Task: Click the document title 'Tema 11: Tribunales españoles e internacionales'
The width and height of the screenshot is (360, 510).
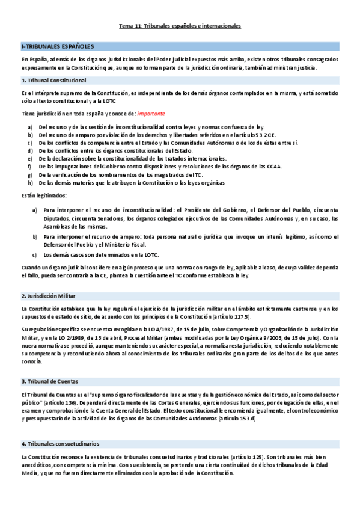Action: pyautogui.click(x=180, y=26)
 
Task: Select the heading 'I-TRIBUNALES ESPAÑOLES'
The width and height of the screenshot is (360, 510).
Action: pyautogui.click(x=53, y=46)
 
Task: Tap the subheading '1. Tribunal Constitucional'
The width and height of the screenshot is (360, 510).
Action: pyautogui.click(x=53, y=81)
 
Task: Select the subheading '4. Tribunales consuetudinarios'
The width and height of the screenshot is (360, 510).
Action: pyautogui.click(x=60, y=443)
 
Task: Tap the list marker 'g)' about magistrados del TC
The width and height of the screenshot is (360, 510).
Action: pyautogui.click(x=30, y=174)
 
